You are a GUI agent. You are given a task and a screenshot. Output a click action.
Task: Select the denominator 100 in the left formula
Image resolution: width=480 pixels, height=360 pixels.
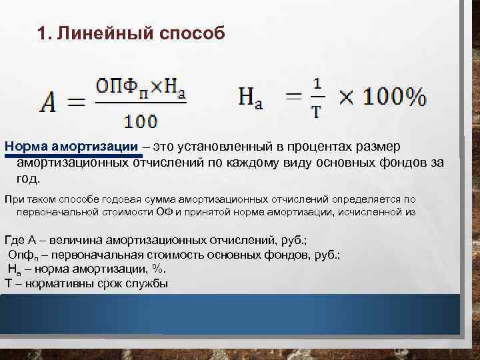(140, 121)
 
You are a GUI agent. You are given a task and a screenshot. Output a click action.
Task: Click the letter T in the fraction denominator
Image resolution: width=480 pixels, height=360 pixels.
(317, 112)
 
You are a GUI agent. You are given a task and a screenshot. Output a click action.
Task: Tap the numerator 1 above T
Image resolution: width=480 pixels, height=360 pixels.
(317, 84)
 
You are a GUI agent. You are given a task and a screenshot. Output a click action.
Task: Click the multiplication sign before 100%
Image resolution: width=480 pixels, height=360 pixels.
(347, 98)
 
